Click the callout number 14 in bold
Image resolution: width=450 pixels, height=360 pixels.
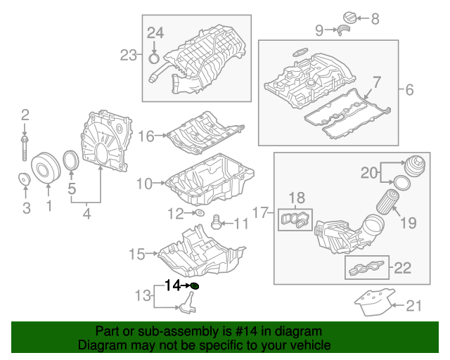(x=173, y=285)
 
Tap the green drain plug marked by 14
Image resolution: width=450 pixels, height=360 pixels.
(x=195, y=285)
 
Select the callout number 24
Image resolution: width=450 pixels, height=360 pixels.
(x=155, y=32)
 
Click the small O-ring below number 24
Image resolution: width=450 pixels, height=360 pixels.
(x=155, y=49)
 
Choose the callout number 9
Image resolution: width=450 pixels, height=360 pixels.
(x=319, y=30)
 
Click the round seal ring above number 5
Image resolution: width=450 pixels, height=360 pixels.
(x=71, y=162)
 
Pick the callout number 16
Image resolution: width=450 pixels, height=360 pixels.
(x=146, y=136)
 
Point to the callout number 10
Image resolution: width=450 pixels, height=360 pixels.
(x=143, y=184)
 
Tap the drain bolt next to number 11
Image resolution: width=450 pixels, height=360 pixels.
(x=217, y=224)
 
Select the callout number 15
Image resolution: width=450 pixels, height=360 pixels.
(x=136, y=253)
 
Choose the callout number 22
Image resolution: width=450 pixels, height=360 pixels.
(x=402, y=267)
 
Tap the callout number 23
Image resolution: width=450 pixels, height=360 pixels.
(x=127, y=54)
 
